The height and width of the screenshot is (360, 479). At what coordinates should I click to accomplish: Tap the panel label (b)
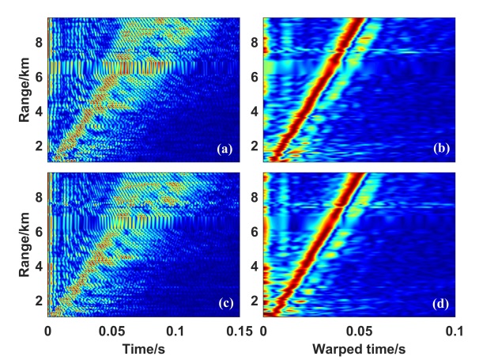(440, 148)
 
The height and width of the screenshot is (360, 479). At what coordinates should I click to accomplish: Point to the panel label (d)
(440, 301)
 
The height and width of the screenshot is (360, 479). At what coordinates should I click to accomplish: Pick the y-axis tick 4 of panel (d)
(255, 266)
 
